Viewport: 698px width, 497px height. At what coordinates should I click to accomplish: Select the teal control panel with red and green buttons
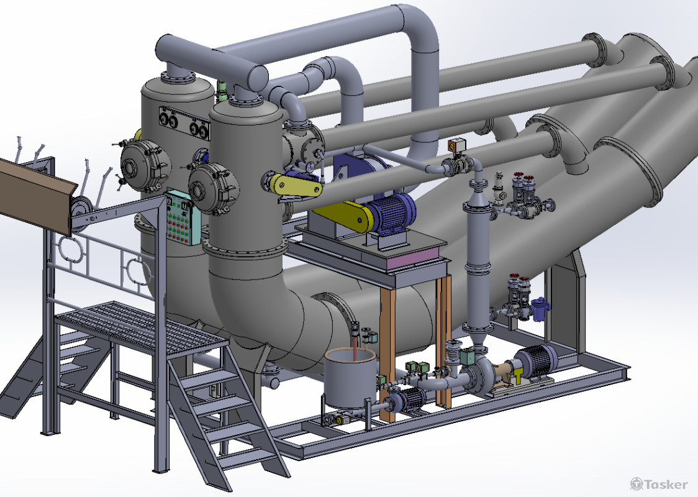[183, 217]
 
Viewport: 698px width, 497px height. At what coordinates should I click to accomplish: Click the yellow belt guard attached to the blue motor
[343, 214]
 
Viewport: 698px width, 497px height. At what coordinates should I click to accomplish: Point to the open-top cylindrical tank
[350, 378]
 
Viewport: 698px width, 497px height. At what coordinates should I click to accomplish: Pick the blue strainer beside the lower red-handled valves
[540, 309]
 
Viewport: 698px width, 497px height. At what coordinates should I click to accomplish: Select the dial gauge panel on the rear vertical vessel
[184, 124]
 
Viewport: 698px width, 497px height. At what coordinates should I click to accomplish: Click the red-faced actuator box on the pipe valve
[457, 145]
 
